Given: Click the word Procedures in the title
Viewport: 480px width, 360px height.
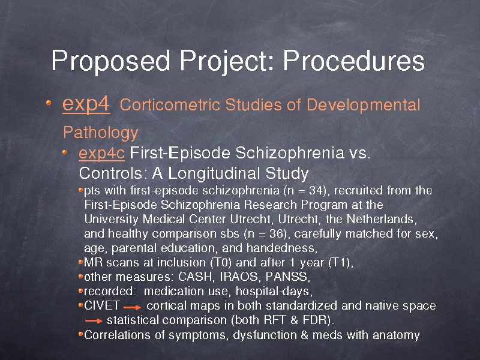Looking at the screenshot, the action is [x=353, y=61].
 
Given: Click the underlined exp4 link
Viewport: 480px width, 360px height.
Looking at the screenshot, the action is [x=86, y=105].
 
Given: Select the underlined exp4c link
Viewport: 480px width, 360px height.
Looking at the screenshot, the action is [x=101, y=154].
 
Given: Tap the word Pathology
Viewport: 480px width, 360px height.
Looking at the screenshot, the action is [x=101, y=133].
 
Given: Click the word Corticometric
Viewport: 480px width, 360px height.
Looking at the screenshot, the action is [x=170, y=104].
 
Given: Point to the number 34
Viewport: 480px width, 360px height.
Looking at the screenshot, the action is [x=316, y=190].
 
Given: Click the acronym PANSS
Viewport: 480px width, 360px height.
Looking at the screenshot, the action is [x=287, y=277].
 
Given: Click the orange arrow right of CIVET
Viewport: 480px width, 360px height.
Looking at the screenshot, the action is [x=132, y=307].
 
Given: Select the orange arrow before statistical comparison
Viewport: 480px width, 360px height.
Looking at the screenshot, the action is [x=94, y=321].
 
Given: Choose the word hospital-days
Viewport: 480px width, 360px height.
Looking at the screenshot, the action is [x=272, y=292].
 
